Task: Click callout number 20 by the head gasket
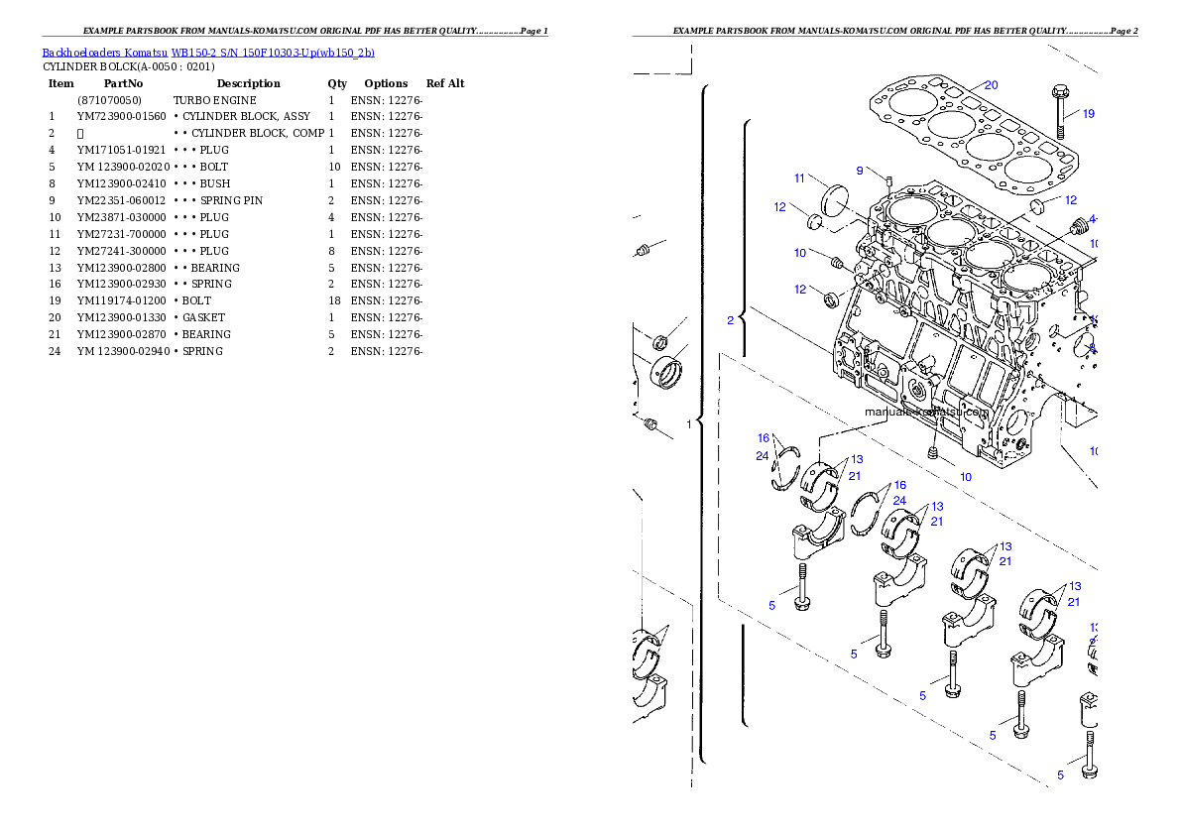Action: [x=991, y=85]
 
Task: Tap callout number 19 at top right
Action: [x=1088, y=114]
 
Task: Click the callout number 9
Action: [x=860, y=171]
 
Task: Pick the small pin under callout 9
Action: [x=888, y=180]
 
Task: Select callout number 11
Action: [x=799, y=179]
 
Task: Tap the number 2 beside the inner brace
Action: [x=731, y=320]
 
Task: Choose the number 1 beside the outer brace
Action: [x=688, y=424]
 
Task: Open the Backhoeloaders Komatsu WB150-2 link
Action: [x=208, y=53]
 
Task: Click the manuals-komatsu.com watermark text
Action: [x=926, y=413]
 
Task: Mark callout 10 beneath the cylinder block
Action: [x=965, y=477]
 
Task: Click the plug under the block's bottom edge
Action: [x=933, y=452]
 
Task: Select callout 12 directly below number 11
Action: [x=780, y=207]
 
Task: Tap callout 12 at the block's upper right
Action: [x=1070, y=200]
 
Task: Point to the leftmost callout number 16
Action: [x=763, y=437]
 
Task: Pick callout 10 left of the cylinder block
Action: [x=799, y=254]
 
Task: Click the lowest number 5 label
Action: [x=1060, y=775]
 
